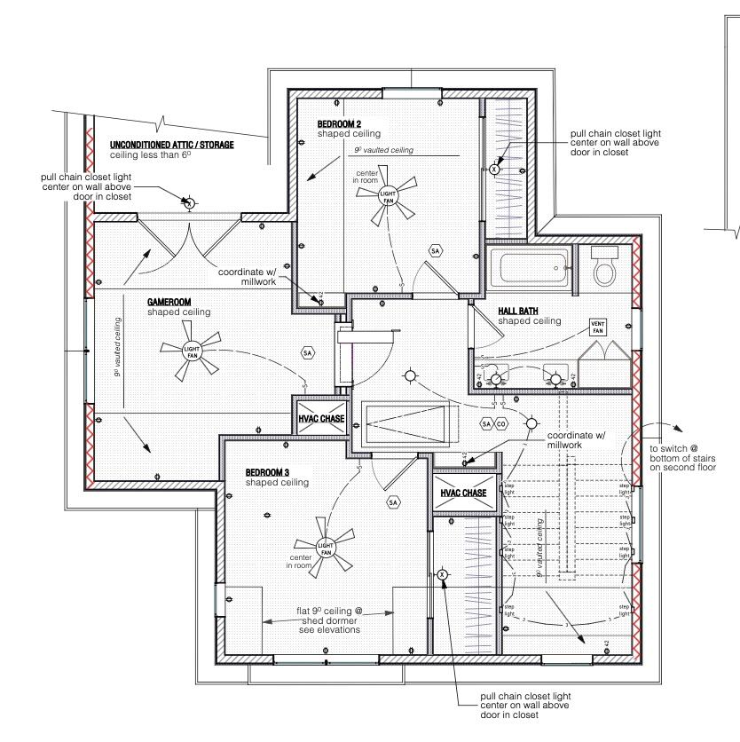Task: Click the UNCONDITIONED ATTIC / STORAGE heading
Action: click(x=171, y=145)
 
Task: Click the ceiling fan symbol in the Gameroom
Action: click(x=192, y=350)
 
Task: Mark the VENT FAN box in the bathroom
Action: click(x=599, y=327)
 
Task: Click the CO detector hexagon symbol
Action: click(x=501, y=424)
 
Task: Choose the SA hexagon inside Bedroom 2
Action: click(x=435, y=252)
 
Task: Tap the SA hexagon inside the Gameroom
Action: click(x=308, y=352)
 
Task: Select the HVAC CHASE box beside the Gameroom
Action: click(x=320, y=419)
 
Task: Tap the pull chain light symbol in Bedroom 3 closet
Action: click(x=443, y=575)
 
